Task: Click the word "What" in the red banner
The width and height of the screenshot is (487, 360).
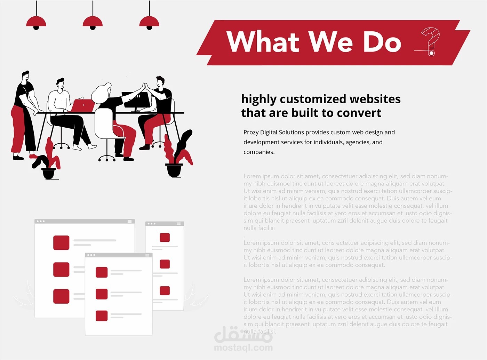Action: pyautogui.click(x=263, y=41)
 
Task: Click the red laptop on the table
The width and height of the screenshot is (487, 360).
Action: pyautogui.click(x=83, y=105)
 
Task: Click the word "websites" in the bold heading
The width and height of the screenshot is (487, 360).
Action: pyautogui.click(x=375, y=99)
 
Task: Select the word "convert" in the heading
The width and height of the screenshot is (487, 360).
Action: pyautogui.click(x=359, y=113)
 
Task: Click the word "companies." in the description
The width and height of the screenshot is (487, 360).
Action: pyautogui.click(x=259, y=152)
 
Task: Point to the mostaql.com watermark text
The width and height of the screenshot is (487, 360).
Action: pyautogui.click(x=243, y=348)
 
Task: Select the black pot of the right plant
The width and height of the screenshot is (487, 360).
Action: pyautogui.click(x=174, y=170)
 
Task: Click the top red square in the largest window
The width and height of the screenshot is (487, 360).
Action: pyautogui.click(x=61, y=243)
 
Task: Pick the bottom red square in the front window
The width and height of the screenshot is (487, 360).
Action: pyautogui.click(x=102, y=315)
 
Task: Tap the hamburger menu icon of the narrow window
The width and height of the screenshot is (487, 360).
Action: pyautogui.click(x=179, y=224)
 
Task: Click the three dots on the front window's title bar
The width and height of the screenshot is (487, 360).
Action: pyautogui.click(x=91, y=255)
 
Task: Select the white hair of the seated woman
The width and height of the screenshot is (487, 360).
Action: pyautogui.click(x=101, y=93)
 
